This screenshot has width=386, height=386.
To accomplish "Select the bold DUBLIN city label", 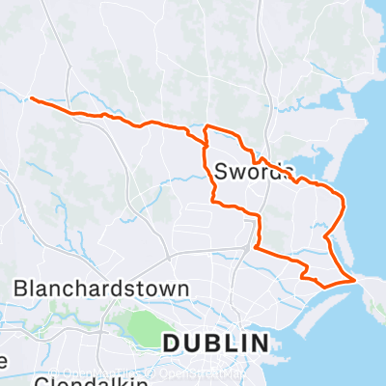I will tap(214, 344).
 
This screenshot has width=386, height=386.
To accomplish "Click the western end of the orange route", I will tap(32, 98).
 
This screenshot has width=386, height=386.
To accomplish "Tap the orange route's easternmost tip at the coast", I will tap(356, 279).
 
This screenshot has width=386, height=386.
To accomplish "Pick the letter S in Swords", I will tap(222, 172).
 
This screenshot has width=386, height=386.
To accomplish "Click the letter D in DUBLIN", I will tap(171, 344).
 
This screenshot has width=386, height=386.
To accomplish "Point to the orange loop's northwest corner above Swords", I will tap(207, 127).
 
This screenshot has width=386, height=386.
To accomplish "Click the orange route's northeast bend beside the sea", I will tap(342, 198).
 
